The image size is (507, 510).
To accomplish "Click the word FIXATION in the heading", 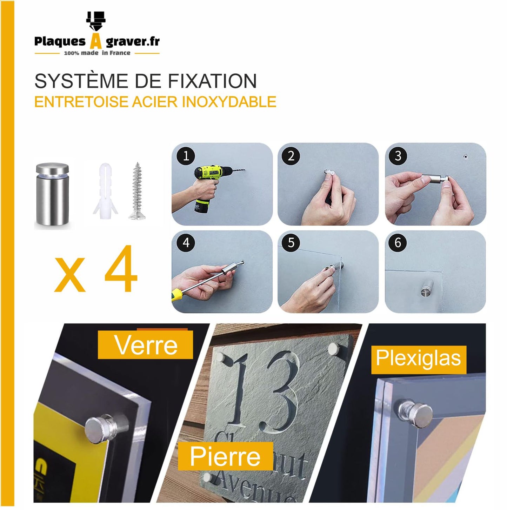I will click(212, 81).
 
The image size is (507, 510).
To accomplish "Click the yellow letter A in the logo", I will click(96, 41).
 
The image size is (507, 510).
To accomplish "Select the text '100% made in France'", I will click(97, 53).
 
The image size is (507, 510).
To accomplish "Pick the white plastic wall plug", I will click(105, 191).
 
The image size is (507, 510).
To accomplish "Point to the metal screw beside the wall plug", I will click(137, 191).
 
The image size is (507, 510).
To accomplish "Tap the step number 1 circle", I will click(186, 156).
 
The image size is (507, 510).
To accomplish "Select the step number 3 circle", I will click(398, 156).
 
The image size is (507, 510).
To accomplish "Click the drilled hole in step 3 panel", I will click(465, 156).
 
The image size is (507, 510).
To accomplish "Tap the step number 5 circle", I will click(291, 243).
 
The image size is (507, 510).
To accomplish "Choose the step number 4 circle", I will click(186, 243).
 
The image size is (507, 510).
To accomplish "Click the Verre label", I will click(146, 345).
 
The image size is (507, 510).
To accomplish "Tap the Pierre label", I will click(225, 456).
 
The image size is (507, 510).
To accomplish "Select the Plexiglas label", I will click(418, 358).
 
